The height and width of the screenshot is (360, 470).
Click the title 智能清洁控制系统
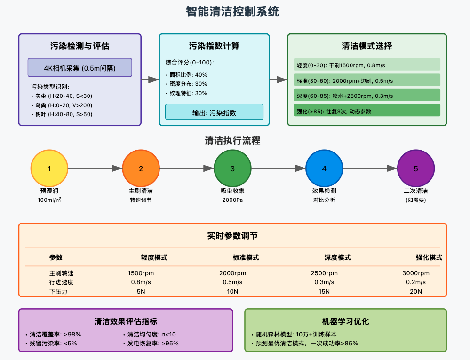(232, 12)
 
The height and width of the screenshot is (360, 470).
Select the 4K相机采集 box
(80, 67)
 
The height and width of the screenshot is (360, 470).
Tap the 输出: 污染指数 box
(214, 112)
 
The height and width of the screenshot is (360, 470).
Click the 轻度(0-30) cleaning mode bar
(366, 65)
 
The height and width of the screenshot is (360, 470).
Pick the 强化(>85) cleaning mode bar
(366, 111)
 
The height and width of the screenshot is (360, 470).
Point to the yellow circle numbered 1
(49, 169)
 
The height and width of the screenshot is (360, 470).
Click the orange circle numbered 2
(141, 169)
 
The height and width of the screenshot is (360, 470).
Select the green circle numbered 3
(232, 169)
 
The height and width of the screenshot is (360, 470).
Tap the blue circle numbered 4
(324, 169)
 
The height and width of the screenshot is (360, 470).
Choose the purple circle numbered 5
(415, 169)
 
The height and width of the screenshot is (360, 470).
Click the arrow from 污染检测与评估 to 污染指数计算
(150, 80)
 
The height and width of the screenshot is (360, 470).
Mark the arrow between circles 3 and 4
(278, 169)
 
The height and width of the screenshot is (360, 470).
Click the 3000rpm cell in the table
(416, 273)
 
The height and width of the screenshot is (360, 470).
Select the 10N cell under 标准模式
(232, 291)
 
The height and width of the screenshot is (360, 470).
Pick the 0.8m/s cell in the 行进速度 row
(141, 282)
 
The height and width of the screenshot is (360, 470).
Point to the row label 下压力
(58, 291)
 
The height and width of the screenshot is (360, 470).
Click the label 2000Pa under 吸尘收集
(232, 200)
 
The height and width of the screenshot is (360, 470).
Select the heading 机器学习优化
(345, 322)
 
